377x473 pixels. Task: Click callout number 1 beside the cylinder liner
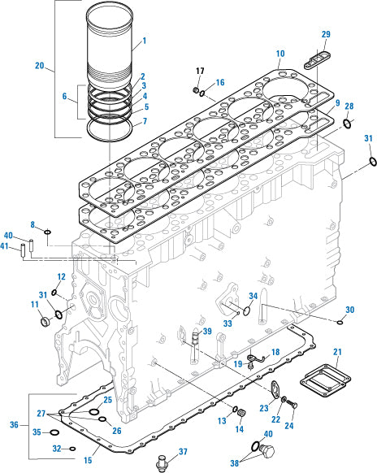(x=144, y=40)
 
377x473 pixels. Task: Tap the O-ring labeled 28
(x=347, y=123)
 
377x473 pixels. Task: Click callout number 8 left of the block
(x=33, y=224)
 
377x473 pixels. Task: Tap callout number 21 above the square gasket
(x=337, y=351)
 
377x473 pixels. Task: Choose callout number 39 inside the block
(x=207, y=332)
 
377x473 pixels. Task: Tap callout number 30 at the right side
(x=349, y=310)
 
